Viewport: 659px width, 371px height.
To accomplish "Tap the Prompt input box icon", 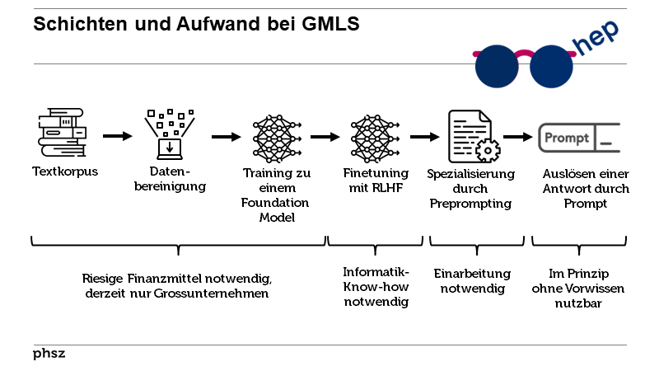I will (577, 137).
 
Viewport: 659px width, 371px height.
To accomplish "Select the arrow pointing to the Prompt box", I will (517, 137).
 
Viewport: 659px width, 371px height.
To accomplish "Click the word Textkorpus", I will (64, 173).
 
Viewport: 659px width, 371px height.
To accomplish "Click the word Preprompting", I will (470, 204).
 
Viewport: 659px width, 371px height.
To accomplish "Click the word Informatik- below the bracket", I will (376, 272).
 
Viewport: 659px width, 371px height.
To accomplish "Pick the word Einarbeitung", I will (472, 274).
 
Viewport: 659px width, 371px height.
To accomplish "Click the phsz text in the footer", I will (49, 354).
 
